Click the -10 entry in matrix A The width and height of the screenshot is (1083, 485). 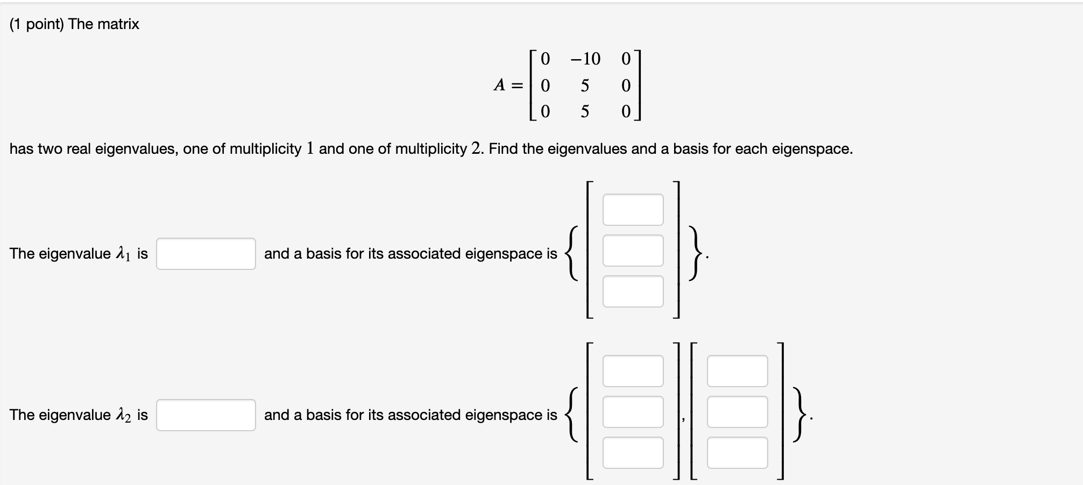tap(585, 59)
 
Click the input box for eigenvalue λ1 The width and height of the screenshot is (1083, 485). tap(206, 254)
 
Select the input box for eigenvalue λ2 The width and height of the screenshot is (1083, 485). tap(206, 415)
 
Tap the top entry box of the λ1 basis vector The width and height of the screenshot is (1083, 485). tap(633, 210)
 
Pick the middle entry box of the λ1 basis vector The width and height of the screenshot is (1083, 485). tap(633, 251)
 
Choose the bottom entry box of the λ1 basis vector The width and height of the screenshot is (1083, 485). tap(633, 291)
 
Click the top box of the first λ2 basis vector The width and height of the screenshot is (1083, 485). tap(633, 371)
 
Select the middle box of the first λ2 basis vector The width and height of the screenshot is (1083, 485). tap(633, 412)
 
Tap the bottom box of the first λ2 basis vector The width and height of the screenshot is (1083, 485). tap(633, 453)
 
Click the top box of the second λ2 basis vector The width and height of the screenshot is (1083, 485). tap(737, 371)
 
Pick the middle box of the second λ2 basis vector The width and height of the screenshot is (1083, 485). tap(737, 412)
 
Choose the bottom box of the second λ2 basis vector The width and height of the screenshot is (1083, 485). tap(737, 453)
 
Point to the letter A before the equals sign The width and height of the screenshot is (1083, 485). tap(500, 85)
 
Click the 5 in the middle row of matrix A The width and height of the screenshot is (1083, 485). tap(585, 85)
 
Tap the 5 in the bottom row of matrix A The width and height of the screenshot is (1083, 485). tap(585, 112)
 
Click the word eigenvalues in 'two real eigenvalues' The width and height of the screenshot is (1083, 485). tap(136, 149)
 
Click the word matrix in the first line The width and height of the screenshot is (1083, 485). tap(119, 24)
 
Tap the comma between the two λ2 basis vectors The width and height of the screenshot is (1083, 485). tap(684, 420)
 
